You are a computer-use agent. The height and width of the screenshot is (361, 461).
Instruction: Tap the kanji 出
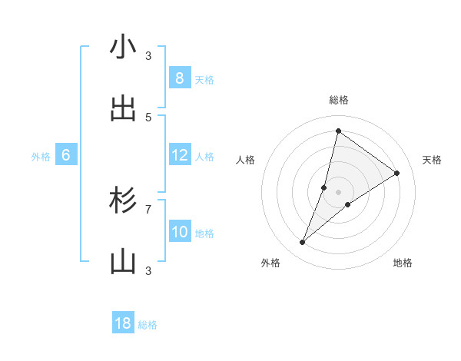123,108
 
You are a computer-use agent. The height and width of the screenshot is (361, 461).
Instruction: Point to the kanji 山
123,263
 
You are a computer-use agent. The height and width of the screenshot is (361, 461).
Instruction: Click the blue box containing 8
179,78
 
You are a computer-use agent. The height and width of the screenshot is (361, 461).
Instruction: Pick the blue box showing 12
179,155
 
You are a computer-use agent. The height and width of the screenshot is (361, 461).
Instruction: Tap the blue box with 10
179,232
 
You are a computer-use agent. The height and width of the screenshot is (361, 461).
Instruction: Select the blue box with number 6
66,155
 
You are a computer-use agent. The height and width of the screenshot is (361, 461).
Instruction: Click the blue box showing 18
123,323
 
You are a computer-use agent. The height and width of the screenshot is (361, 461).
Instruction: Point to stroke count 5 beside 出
148,117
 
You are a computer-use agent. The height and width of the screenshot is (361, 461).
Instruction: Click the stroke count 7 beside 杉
148,209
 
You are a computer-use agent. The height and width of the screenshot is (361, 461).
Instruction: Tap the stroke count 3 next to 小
148,55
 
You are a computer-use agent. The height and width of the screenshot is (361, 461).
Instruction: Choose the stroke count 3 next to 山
148,270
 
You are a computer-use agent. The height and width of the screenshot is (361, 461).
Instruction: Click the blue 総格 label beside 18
148,325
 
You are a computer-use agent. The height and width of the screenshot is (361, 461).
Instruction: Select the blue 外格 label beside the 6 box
41,157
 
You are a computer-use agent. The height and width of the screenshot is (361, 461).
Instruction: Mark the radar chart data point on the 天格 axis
397,173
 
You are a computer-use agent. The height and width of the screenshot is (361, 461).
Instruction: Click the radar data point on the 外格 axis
303,243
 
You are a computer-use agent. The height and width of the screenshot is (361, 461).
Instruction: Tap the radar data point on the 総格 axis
338,131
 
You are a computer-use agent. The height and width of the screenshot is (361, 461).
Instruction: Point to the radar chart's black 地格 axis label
403,263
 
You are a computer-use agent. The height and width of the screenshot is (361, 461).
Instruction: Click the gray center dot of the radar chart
338,191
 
